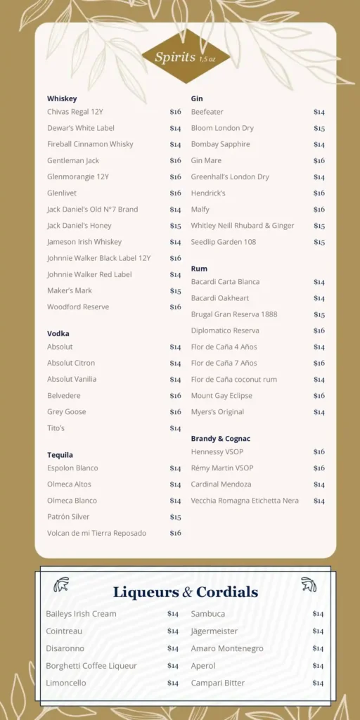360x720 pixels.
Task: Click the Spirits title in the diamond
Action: [x=174, y=58]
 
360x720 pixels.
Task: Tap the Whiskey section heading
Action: [x=62, y=98]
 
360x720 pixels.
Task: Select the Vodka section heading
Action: [x=58, y=333]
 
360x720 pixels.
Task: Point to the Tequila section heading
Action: [x=60, y=455]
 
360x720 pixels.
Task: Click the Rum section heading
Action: [x=199, y=269]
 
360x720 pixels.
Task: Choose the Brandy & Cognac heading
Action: [x=220, y=439]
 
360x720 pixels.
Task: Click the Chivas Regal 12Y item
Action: [x=75, y=112]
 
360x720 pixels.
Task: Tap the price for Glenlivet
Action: [x=175, y=193]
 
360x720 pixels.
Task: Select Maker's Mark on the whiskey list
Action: [x=70, y=290]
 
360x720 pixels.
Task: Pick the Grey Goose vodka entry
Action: [x=66, y=412]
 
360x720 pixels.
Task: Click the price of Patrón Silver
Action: [x=175, y=517]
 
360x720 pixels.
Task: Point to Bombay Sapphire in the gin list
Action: [x=220, y=144]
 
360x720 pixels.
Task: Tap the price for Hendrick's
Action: [x=319, y=193]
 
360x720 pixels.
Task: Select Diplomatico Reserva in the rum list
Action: [x=225, y=330]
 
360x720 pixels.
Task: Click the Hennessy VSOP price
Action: [x=319, y=452]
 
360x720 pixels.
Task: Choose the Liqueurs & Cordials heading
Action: [x=186, y=592]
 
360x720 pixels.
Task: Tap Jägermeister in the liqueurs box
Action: [x=214, y=631]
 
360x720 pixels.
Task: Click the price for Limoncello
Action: [x=173, y=683]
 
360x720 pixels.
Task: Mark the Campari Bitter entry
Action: [x=218, y=683]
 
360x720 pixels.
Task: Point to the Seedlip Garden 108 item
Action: [x=224, y=242]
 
